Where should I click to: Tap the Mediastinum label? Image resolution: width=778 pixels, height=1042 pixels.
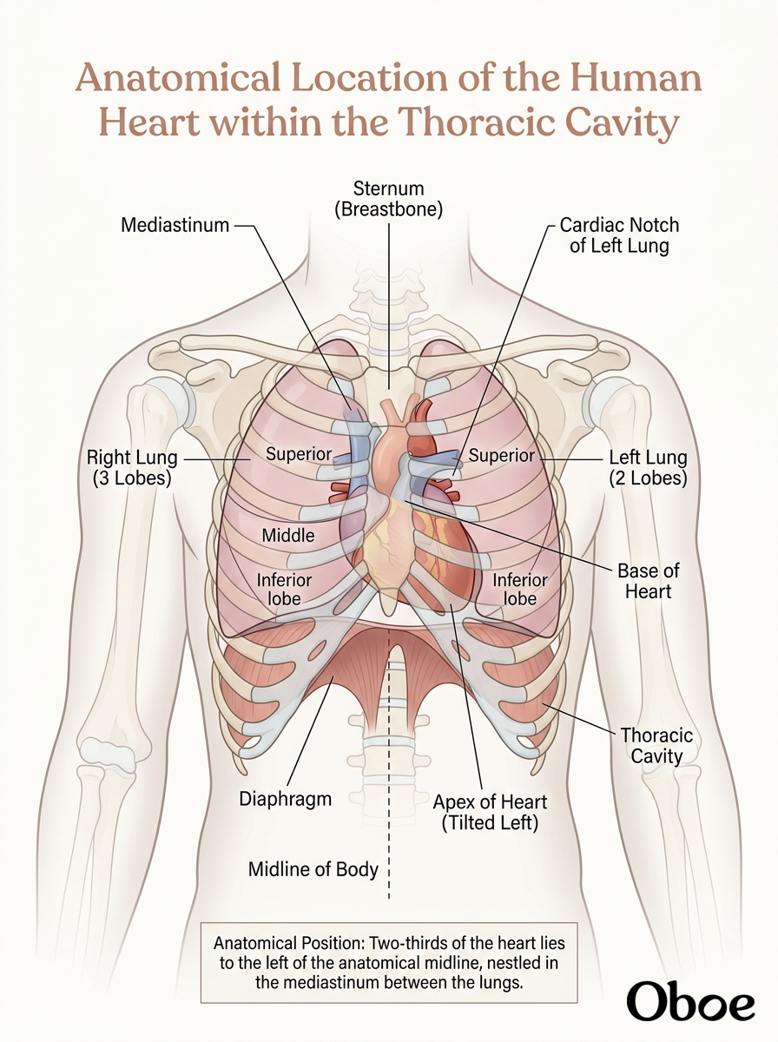[175, 225]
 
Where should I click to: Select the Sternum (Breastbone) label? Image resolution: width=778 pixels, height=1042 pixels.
[389, 199]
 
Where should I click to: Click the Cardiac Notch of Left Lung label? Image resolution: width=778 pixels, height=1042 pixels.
[619, 235]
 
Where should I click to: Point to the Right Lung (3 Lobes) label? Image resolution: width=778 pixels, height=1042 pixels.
[132, 467]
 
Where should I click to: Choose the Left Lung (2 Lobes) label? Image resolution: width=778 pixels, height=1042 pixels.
[648, 467]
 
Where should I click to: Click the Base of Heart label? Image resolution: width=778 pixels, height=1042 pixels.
[648, 581]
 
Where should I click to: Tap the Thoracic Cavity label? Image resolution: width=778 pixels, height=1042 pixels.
[657, 746]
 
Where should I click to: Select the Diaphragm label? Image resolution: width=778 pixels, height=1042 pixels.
[286, 800]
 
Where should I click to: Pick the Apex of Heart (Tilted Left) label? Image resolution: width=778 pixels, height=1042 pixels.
[490, 812]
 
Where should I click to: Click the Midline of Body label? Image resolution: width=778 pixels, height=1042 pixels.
[313, 870]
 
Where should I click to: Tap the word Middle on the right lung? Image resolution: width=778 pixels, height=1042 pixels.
[288, 536]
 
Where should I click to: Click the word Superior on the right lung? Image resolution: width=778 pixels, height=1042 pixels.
[299, 454]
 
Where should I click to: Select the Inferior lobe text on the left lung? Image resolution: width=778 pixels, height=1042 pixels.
[520, 589]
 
